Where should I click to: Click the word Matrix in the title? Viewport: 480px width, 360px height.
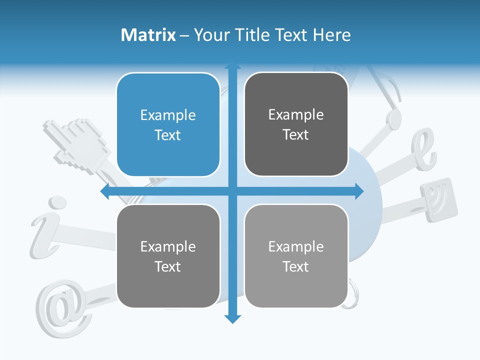[x=148, y=35]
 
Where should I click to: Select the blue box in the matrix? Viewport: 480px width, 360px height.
[x=168, y=125]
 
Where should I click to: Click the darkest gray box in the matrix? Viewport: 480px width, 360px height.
[x=296, y=124]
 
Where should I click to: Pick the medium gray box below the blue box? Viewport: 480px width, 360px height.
[x=168, y=256]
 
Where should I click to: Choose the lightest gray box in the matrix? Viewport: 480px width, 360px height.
[x=296, y=256]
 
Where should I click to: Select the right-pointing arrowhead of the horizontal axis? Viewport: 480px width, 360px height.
[x=359, y=191]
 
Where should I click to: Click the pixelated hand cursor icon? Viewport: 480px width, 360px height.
[x=80, y=142]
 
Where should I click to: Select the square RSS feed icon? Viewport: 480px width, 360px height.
[x=438, y=199]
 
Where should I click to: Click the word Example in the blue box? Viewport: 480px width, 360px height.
[x=168, y=115]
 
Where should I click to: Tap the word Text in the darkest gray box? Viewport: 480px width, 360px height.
[x=296, y=135]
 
